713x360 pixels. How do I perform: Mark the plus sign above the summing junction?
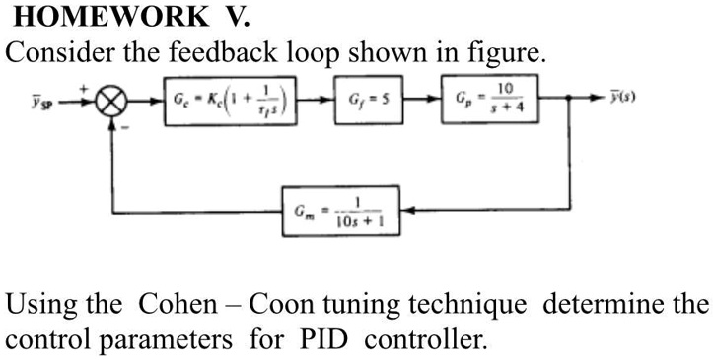pyautogui.click(x=86, y=89)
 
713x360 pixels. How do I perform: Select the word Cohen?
pyautogui.click(x=180, y=304)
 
